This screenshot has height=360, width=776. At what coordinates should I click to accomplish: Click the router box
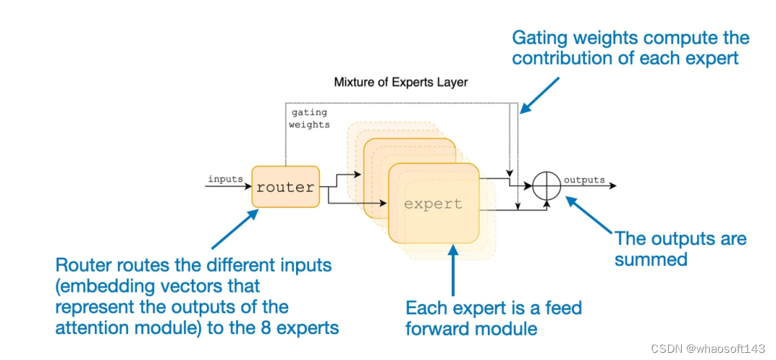pyautogui.click(x=285, y=187)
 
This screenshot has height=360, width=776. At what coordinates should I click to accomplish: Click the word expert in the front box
pyautogui.click(x=433, y=203)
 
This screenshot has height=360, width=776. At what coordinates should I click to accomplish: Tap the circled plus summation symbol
pyautogui.click(x=547, y=186)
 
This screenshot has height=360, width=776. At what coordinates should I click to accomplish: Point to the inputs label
pyautogui.click(x=225, y=179)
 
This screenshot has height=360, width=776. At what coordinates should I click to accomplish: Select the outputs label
pyautogui.click(x=583, y=180)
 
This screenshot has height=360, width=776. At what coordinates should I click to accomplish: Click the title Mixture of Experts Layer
pyautogui.click(x=400, y=82)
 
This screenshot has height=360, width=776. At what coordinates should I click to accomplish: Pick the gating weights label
pyautogui.click(x=308, y=119)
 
